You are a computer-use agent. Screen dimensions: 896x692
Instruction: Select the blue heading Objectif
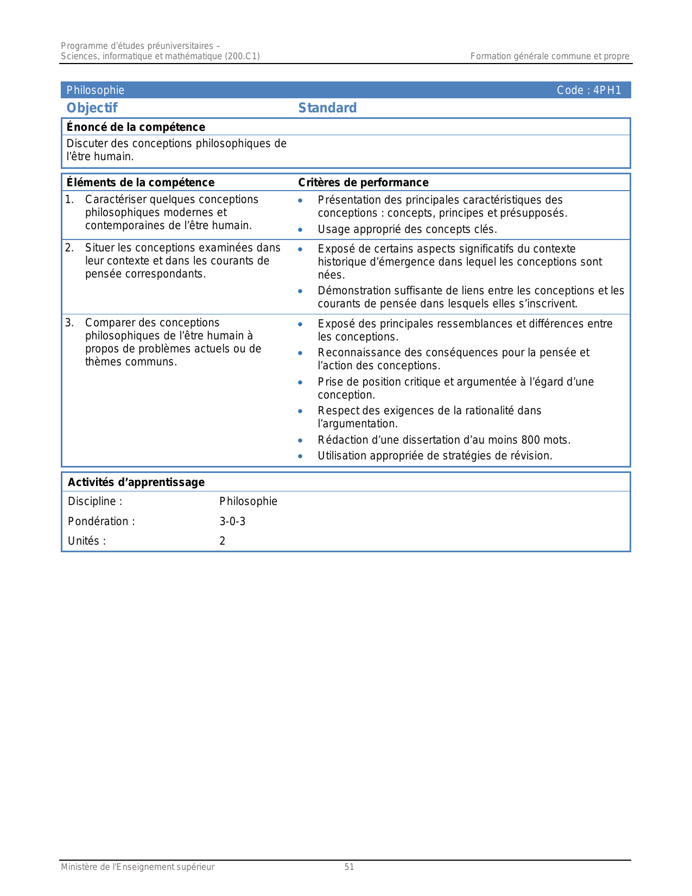[x=92, y=108]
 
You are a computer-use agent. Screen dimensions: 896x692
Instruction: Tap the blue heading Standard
[x=327, y=108]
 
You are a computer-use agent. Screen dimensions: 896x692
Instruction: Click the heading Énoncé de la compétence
[x=136, y=127]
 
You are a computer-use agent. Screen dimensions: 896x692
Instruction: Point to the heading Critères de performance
[x=363, y=182]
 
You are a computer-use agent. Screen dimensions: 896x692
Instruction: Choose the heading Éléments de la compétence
[x=140, y=182]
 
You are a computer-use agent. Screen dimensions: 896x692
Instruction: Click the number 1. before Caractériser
[x=69, y=200]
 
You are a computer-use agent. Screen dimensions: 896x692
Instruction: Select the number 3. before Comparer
[x=69, y=323]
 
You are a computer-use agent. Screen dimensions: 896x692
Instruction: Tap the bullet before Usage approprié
[x=300, y=230]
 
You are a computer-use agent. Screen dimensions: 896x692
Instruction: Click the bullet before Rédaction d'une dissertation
[x=300, y=440]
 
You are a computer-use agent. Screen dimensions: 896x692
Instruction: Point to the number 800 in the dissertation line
[x=530, y=440]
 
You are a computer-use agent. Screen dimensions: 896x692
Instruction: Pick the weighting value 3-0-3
[x=232, y=521]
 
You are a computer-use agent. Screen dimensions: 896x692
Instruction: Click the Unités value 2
[x=223, y=541]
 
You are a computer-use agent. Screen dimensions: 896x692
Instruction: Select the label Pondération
[x=101, y=521]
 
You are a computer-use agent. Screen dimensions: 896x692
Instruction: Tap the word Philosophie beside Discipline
[x=248, y=501]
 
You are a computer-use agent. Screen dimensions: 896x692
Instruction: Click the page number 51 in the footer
[x=349, y=867]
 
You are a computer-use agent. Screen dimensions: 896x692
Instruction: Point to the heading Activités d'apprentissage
[x=136, y=482]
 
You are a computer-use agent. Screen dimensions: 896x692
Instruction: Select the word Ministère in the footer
[x=79, y=867]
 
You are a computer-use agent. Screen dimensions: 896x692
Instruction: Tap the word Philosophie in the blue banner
[x=96, y=91]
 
